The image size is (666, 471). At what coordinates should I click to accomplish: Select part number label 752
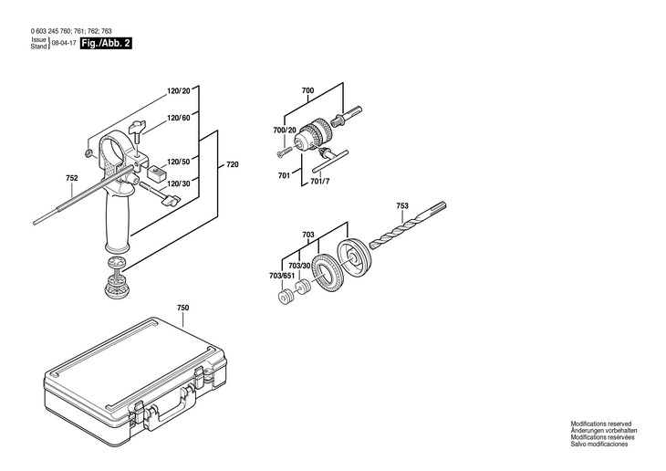[72, 177]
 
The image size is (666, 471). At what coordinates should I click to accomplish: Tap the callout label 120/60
[179, 119]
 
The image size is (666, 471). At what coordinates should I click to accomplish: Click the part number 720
[233, 165]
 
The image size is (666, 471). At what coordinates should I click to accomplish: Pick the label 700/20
[286, 131]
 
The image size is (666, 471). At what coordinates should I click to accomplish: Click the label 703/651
[282, 275]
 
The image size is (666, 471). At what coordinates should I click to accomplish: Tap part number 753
[403, 206]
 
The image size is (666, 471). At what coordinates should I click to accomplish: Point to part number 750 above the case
[182, 309]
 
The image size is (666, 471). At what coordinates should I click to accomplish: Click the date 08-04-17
[63, 44]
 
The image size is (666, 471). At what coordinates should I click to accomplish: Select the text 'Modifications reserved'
[602, 424]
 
